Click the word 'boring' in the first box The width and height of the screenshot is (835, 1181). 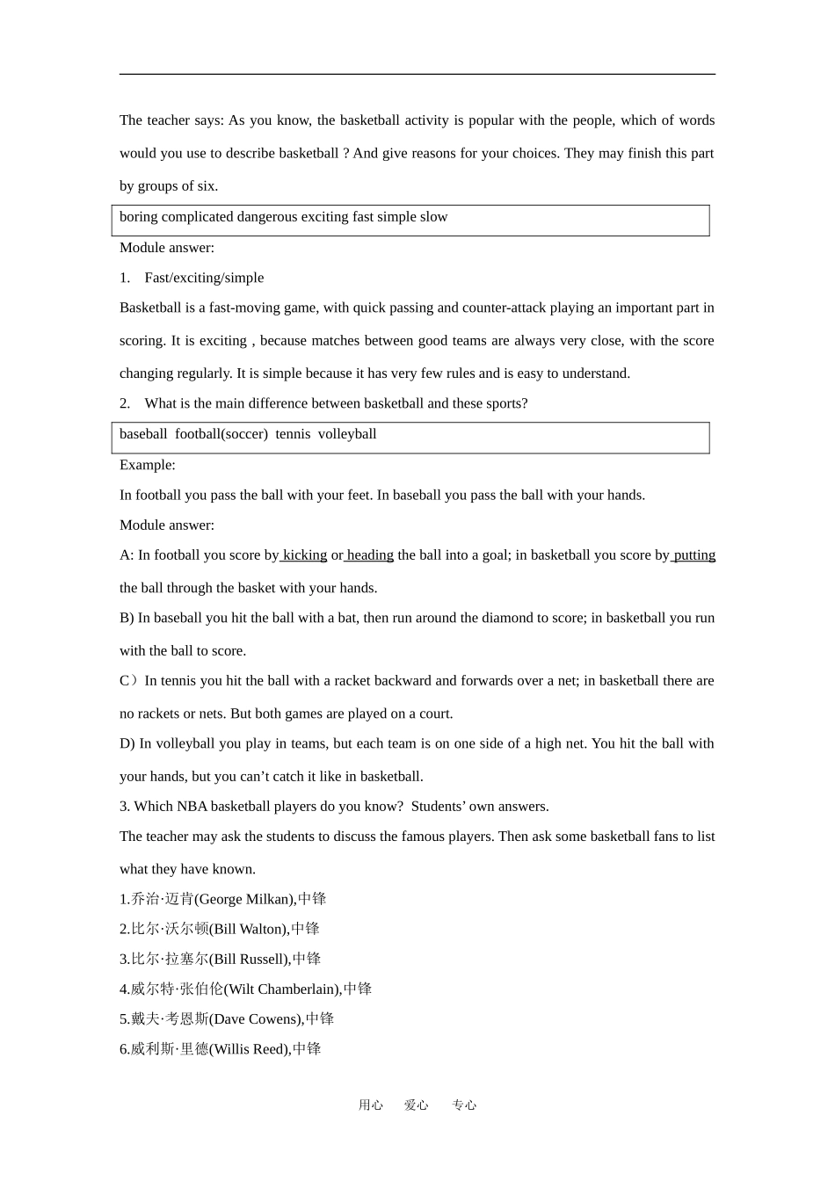(x=138, y=217)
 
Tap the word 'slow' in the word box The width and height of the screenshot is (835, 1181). (x=434, y=217)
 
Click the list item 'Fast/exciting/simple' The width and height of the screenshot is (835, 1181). (x=204, y=278)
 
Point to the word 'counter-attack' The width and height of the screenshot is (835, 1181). (x=504, y=308)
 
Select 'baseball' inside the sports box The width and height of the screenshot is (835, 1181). (x=143, y=434)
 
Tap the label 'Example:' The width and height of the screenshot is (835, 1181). (x=148, y=465)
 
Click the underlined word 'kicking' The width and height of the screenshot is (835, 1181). (x=305, y=555)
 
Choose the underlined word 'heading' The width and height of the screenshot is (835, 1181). (x=370, y=555)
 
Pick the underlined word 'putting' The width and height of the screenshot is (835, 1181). (x=694, y=555)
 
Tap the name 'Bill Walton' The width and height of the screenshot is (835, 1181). (x=250, y=929)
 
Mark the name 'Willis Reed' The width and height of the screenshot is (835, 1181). (x=250, y=1049)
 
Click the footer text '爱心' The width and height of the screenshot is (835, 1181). (x=416, y=1105)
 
